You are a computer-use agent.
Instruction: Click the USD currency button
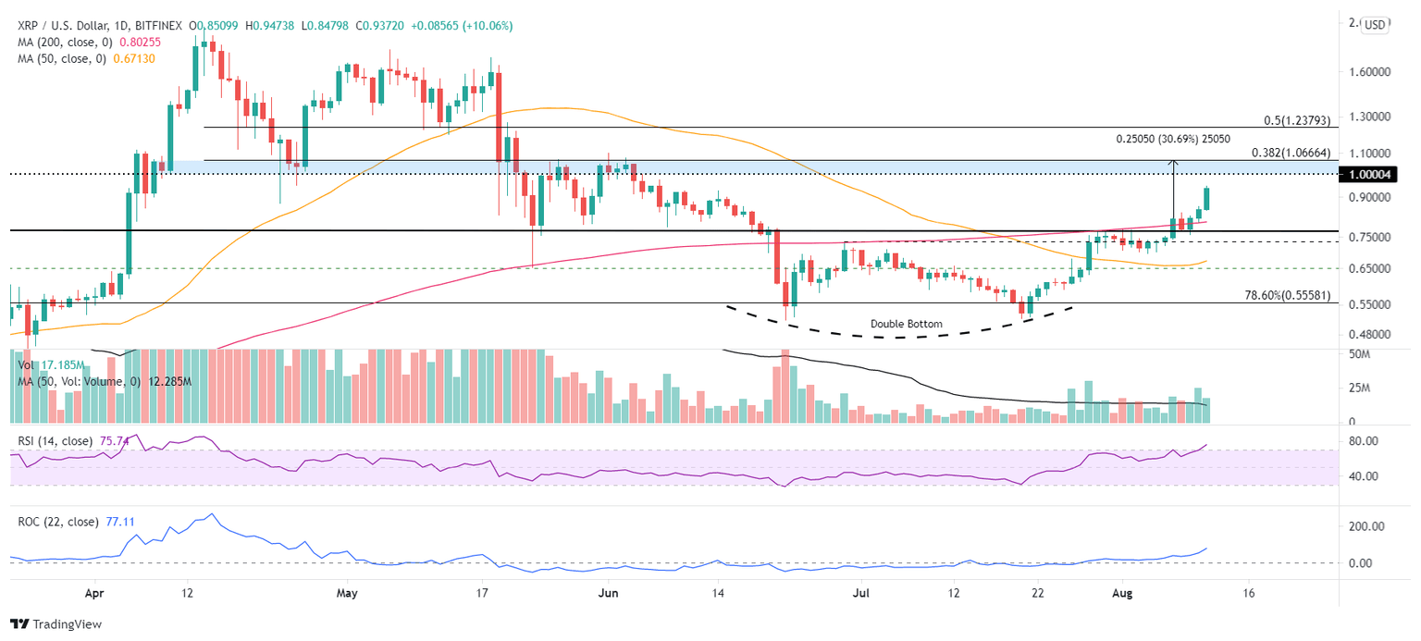(x=1376, y=25)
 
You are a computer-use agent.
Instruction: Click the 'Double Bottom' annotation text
(x=906, y=324)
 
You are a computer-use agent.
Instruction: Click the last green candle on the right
(x=1205, y=198)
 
